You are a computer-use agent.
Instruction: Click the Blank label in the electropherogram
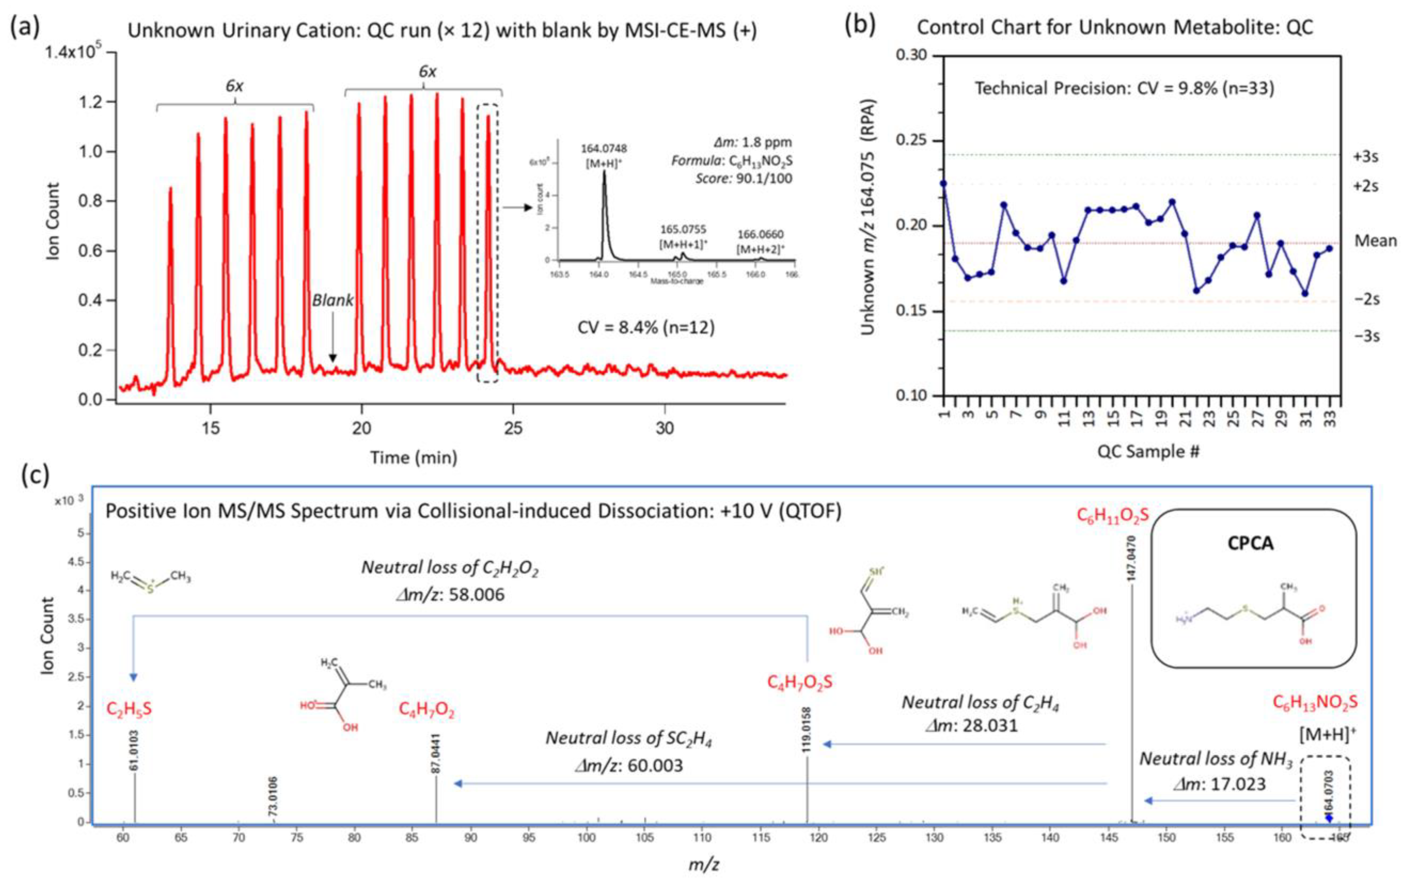coord(333,301)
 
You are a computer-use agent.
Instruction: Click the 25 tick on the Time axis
coord(513,428)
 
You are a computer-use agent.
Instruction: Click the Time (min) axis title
coord(414,457)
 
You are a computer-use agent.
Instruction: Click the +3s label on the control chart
coord(1366,157)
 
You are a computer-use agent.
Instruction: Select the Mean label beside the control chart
coord(1375,240)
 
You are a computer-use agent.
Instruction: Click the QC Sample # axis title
coord(1148,451)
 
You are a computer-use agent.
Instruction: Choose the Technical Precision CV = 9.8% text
coord(1124,88)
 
